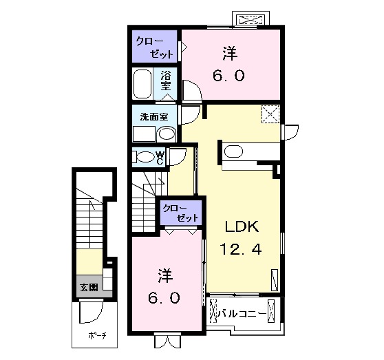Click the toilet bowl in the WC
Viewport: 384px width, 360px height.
[x=145, y=157]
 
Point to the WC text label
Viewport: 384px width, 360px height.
[x=160, y=158]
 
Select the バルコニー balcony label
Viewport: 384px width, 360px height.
[x=239, y=314]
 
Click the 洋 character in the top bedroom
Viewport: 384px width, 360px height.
[x=231, y=53]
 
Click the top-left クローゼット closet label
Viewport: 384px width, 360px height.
[x=155, y=46]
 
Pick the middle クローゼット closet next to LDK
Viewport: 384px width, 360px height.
[x=180, y=211]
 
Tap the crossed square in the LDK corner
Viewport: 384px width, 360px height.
[x=270, y=114]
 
